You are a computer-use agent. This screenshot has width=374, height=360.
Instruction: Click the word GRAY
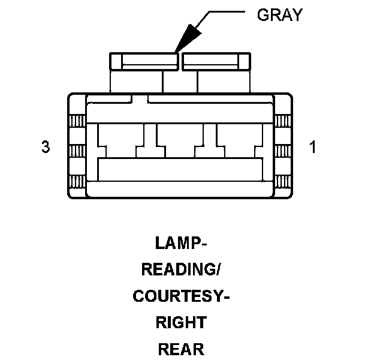279,14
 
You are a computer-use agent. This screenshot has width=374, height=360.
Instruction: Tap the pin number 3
46,147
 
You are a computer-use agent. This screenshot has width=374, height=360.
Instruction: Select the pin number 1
312,147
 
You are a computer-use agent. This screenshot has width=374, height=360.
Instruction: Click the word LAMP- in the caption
181,244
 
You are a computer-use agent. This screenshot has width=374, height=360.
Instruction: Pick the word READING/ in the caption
181,270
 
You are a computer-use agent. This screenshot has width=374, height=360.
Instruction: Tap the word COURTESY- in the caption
181,296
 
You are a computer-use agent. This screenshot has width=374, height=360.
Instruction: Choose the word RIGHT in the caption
181,323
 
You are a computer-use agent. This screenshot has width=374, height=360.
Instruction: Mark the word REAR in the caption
181,349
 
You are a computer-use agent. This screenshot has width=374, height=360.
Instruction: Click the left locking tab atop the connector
144,61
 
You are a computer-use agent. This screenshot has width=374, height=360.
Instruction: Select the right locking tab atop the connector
215,61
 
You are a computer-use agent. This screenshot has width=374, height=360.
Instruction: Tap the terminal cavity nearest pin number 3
120,142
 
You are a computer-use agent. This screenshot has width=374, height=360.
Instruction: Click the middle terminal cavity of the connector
180,142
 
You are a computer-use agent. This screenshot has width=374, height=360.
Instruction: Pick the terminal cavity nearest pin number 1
240,142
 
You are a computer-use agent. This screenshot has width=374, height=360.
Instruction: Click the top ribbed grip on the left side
76,121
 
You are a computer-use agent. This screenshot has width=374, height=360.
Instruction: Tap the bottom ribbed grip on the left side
76,181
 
